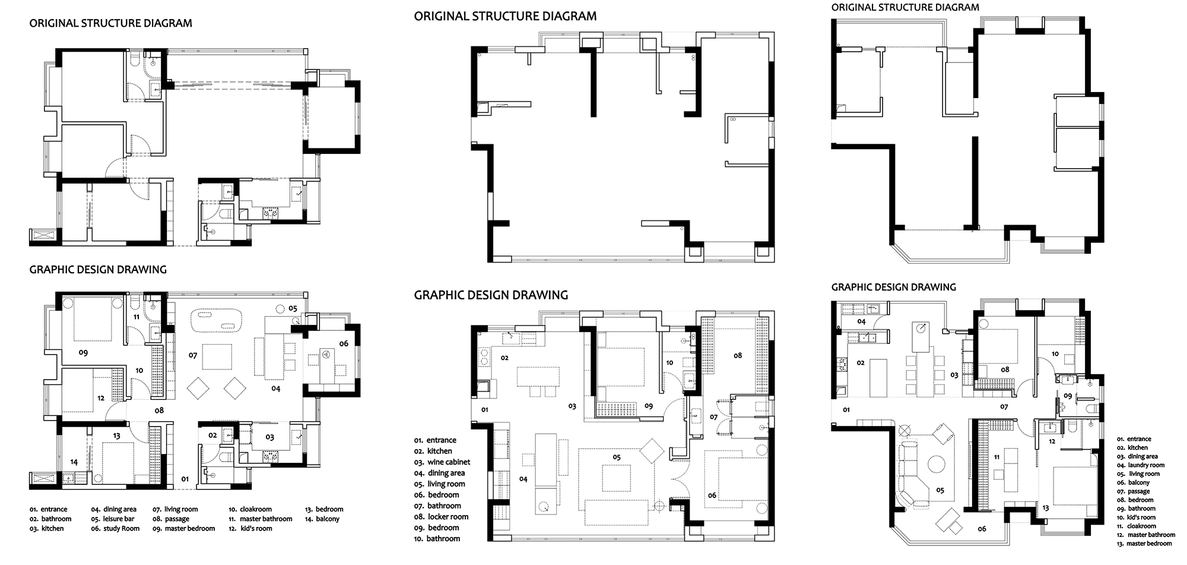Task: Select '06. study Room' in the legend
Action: pyautogui.click(x=115, y=528)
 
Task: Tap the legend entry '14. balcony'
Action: pyautogui.click(x=322, y=519)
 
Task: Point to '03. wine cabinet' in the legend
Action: pyautogui.click(x=442, y=462)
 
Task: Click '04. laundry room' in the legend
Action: pyautogui.click(x=1140, y=465)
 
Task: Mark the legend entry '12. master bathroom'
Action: pyautogui.click(x=1145, y=535)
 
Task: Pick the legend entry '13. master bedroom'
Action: pyautogui.click(x=1144, y=544)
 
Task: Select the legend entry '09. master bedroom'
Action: pyautogui.click(x=183, y=528)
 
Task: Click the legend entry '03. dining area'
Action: pyautogui.click(x=1137, y=456)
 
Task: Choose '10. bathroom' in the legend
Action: pyautogui.click(x=437, y=539)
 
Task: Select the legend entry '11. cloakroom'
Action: pyautogui.click(x=1136, y=526)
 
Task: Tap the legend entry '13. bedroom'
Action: pyautogui.click(x=324, y=509)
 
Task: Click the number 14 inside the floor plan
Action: pyautogui.click(x=74, y=462)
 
